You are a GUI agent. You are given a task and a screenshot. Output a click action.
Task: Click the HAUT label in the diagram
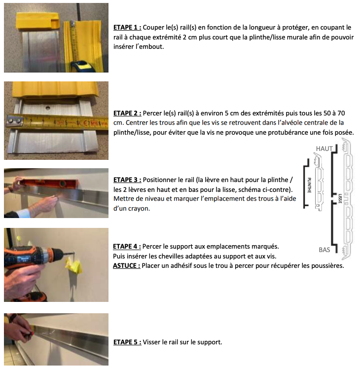(324, 148)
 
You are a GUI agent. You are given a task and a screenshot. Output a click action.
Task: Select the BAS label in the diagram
(324, 250)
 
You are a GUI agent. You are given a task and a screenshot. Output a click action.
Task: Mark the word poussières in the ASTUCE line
(325, 265)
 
